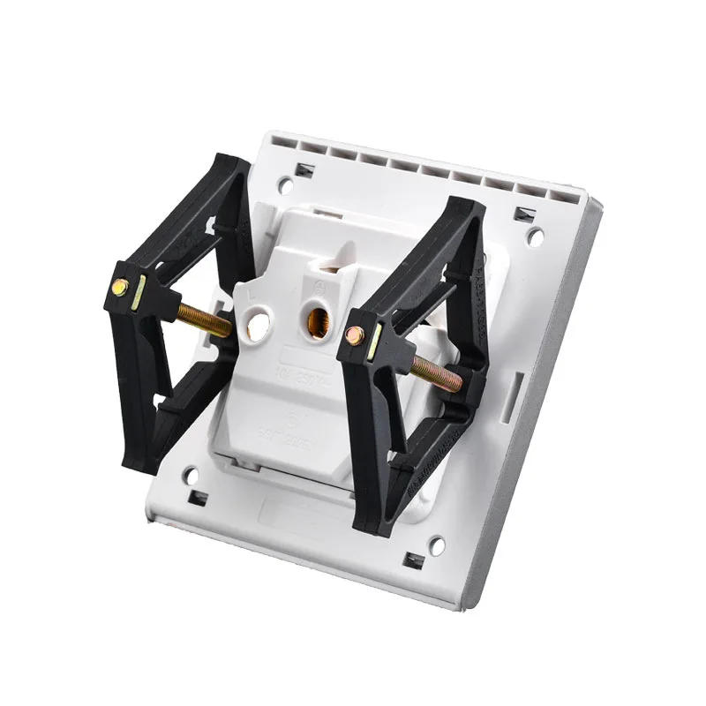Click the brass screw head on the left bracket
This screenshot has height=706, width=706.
[118, 287]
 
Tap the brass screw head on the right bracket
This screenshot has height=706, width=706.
[353, 334]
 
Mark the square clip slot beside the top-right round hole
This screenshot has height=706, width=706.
[526, 213]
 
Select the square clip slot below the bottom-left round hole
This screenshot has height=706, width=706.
[198, 498]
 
